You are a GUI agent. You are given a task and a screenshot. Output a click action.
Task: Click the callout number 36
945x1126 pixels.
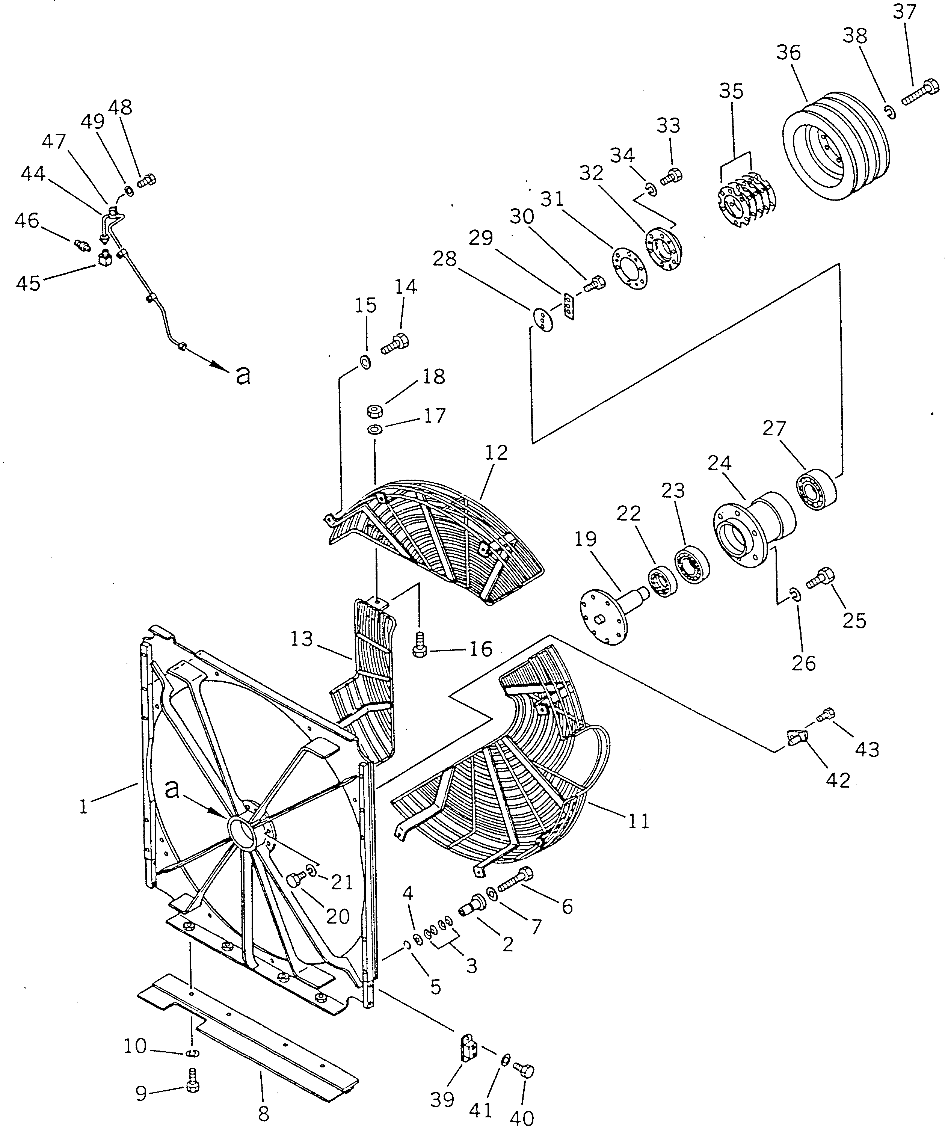click(x=788, y=53)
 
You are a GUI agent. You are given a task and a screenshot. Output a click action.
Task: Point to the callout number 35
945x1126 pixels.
click(x=732, y=91)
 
